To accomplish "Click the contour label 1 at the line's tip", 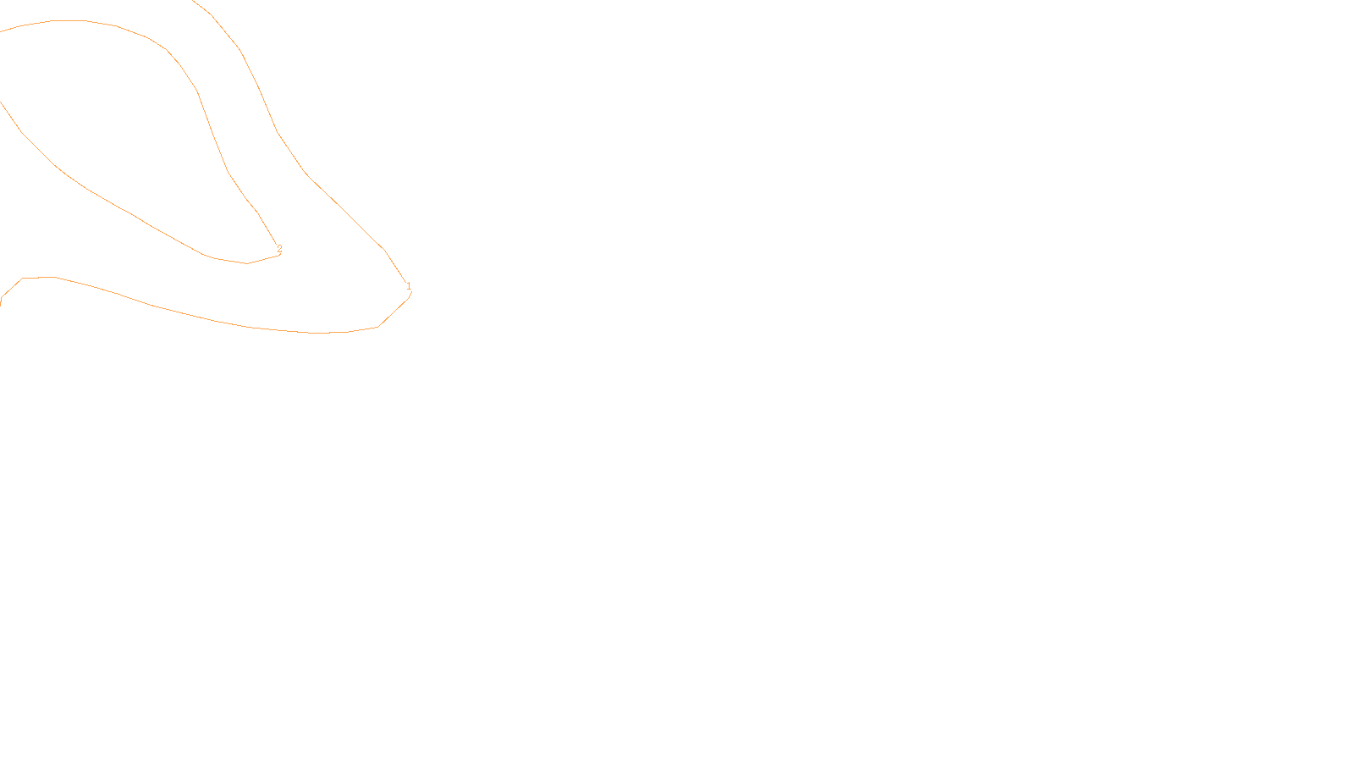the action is [409, 286].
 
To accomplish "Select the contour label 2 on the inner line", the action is [279, 249].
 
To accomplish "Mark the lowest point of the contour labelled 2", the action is [247, 263].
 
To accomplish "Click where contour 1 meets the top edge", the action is [194, 1].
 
